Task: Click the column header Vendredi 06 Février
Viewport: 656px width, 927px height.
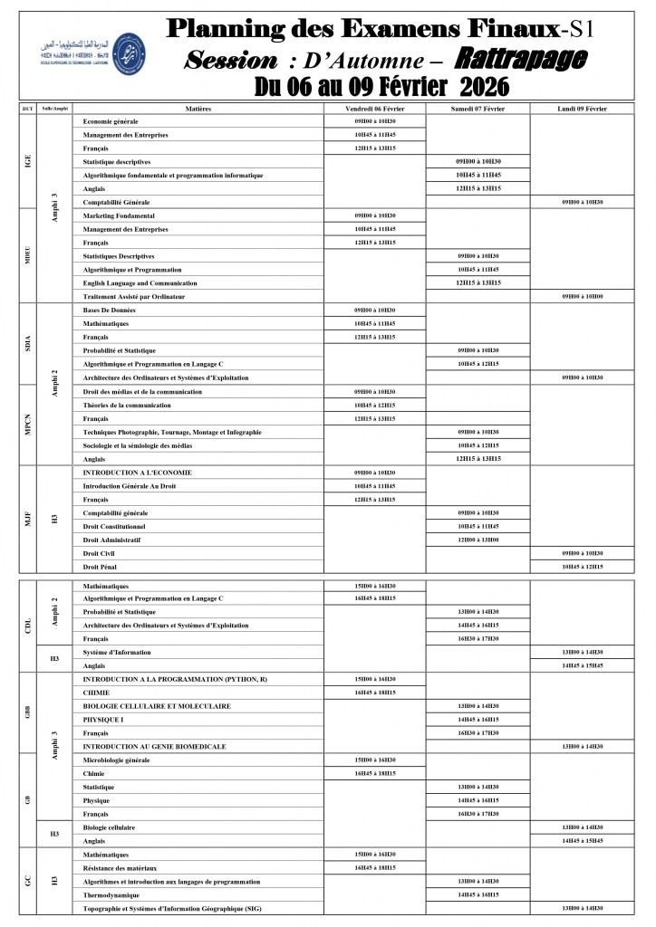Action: pyautogui.click(x=375, y=109)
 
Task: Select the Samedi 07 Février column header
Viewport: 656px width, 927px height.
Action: pyautogui.click(x=478, y=109)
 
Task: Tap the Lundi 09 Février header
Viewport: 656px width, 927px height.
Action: pyautogui.click(x=582, y=109)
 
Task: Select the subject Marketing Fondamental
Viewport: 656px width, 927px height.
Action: pyautogui.click(x=119, y=216)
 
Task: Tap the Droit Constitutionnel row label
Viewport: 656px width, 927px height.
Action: pyautogui.click(x=113, y=526)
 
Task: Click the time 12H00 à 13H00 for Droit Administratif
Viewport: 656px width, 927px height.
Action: pyautogui.click(x=478, y=540)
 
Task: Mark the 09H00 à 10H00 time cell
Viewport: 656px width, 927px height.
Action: pyautogui.click(x=582, y=297)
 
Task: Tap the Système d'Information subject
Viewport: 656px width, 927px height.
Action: pyautogui.click(x=117, y=652)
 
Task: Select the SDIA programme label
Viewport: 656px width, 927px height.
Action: pyautogui.click(x=28, y=344)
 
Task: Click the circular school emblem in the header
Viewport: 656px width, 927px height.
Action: pyautogui.click(x=132, y=45)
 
